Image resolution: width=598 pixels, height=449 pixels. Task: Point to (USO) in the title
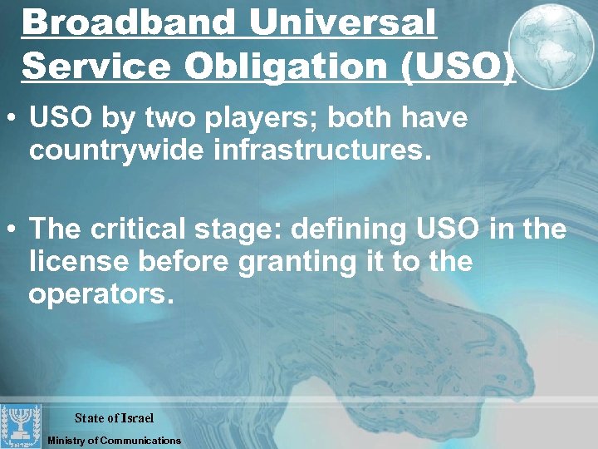coord(461,66)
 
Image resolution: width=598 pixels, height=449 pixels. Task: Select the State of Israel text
coord(114,417)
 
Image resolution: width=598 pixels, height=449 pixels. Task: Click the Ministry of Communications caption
coord(114,440)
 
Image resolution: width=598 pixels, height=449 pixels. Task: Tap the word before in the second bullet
coord(186,262)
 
